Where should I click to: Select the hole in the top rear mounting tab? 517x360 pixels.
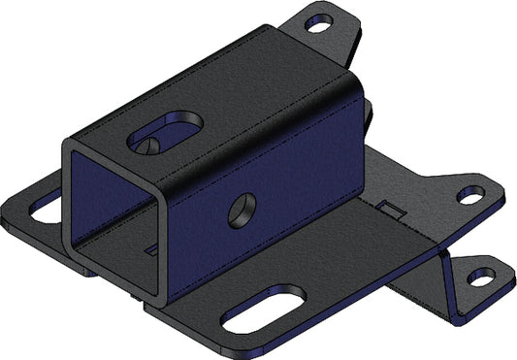(x=319, y=24)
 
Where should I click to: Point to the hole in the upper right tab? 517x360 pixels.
(x=469, y=196)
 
